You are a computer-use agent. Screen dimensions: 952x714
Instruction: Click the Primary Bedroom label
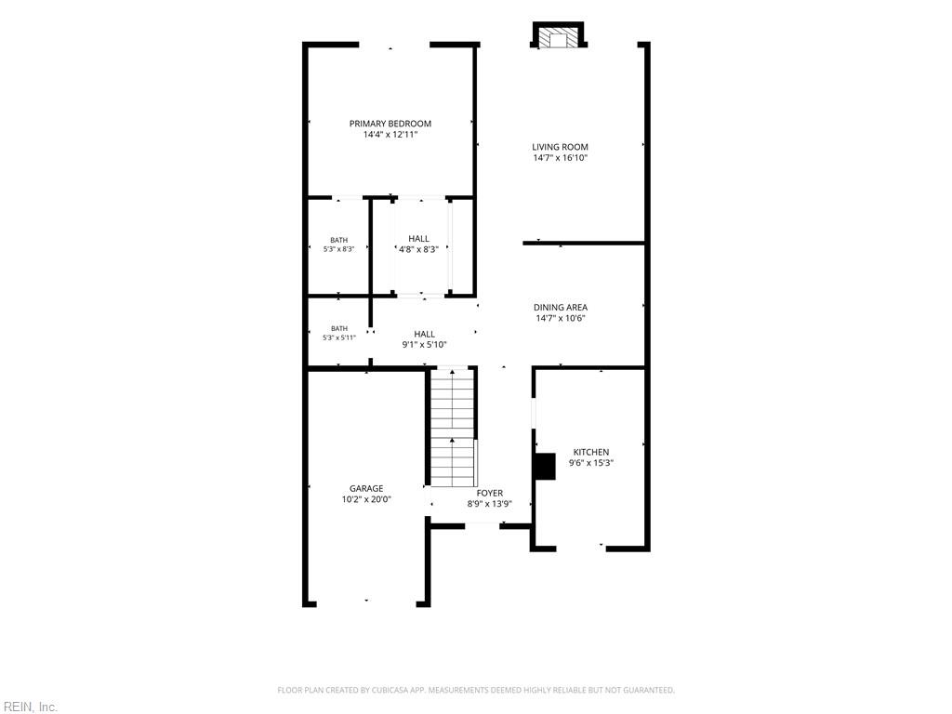(390, 124)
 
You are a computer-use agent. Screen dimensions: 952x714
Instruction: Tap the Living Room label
(560, 147)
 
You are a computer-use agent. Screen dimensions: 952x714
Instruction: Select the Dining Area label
(561, 307)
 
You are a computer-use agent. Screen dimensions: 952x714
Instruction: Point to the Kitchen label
(591, 452)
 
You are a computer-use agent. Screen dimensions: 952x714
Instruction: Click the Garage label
(366, 488)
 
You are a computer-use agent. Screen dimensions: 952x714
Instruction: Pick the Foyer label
(489, 493)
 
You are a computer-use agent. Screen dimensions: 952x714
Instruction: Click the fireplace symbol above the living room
(559, 34)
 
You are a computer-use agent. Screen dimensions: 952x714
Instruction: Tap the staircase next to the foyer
(453, 427)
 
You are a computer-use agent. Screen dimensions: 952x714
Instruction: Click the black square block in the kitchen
(545, 467)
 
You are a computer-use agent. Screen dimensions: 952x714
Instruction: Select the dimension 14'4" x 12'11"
(390, 135)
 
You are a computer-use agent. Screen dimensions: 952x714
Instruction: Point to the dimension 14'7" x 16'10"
(560, 158)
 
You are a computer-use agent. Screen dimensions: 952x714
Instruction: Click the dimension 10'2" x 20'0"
(366, 499)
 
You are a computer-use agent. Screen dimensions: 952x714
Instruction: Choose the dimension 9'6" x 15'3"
(591, 463)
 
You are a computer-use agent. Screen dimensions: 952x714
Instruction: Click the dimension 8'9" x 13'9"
(489, 504)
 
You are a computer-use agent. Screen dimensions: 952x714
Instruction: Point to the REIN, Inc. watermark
(29, 707)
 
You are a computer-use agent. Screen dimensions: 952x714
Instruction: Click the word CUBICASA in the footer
(393, 691)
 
